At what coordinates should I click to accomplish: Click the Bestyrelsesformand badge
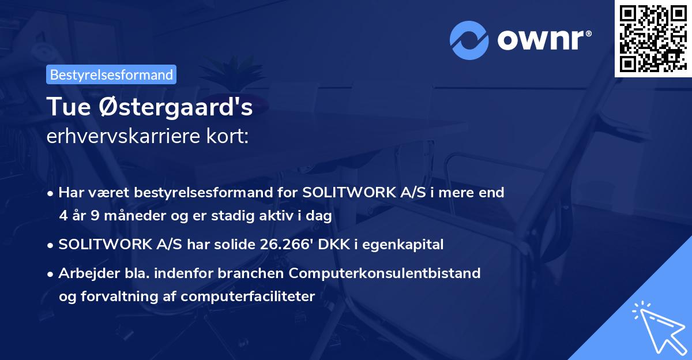click(x=111, y=74)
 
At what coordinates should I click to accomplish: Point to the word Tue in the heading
click(x=66, y=108)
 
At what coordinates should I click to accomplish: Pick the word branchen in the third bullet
click(x=254, y=273)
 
